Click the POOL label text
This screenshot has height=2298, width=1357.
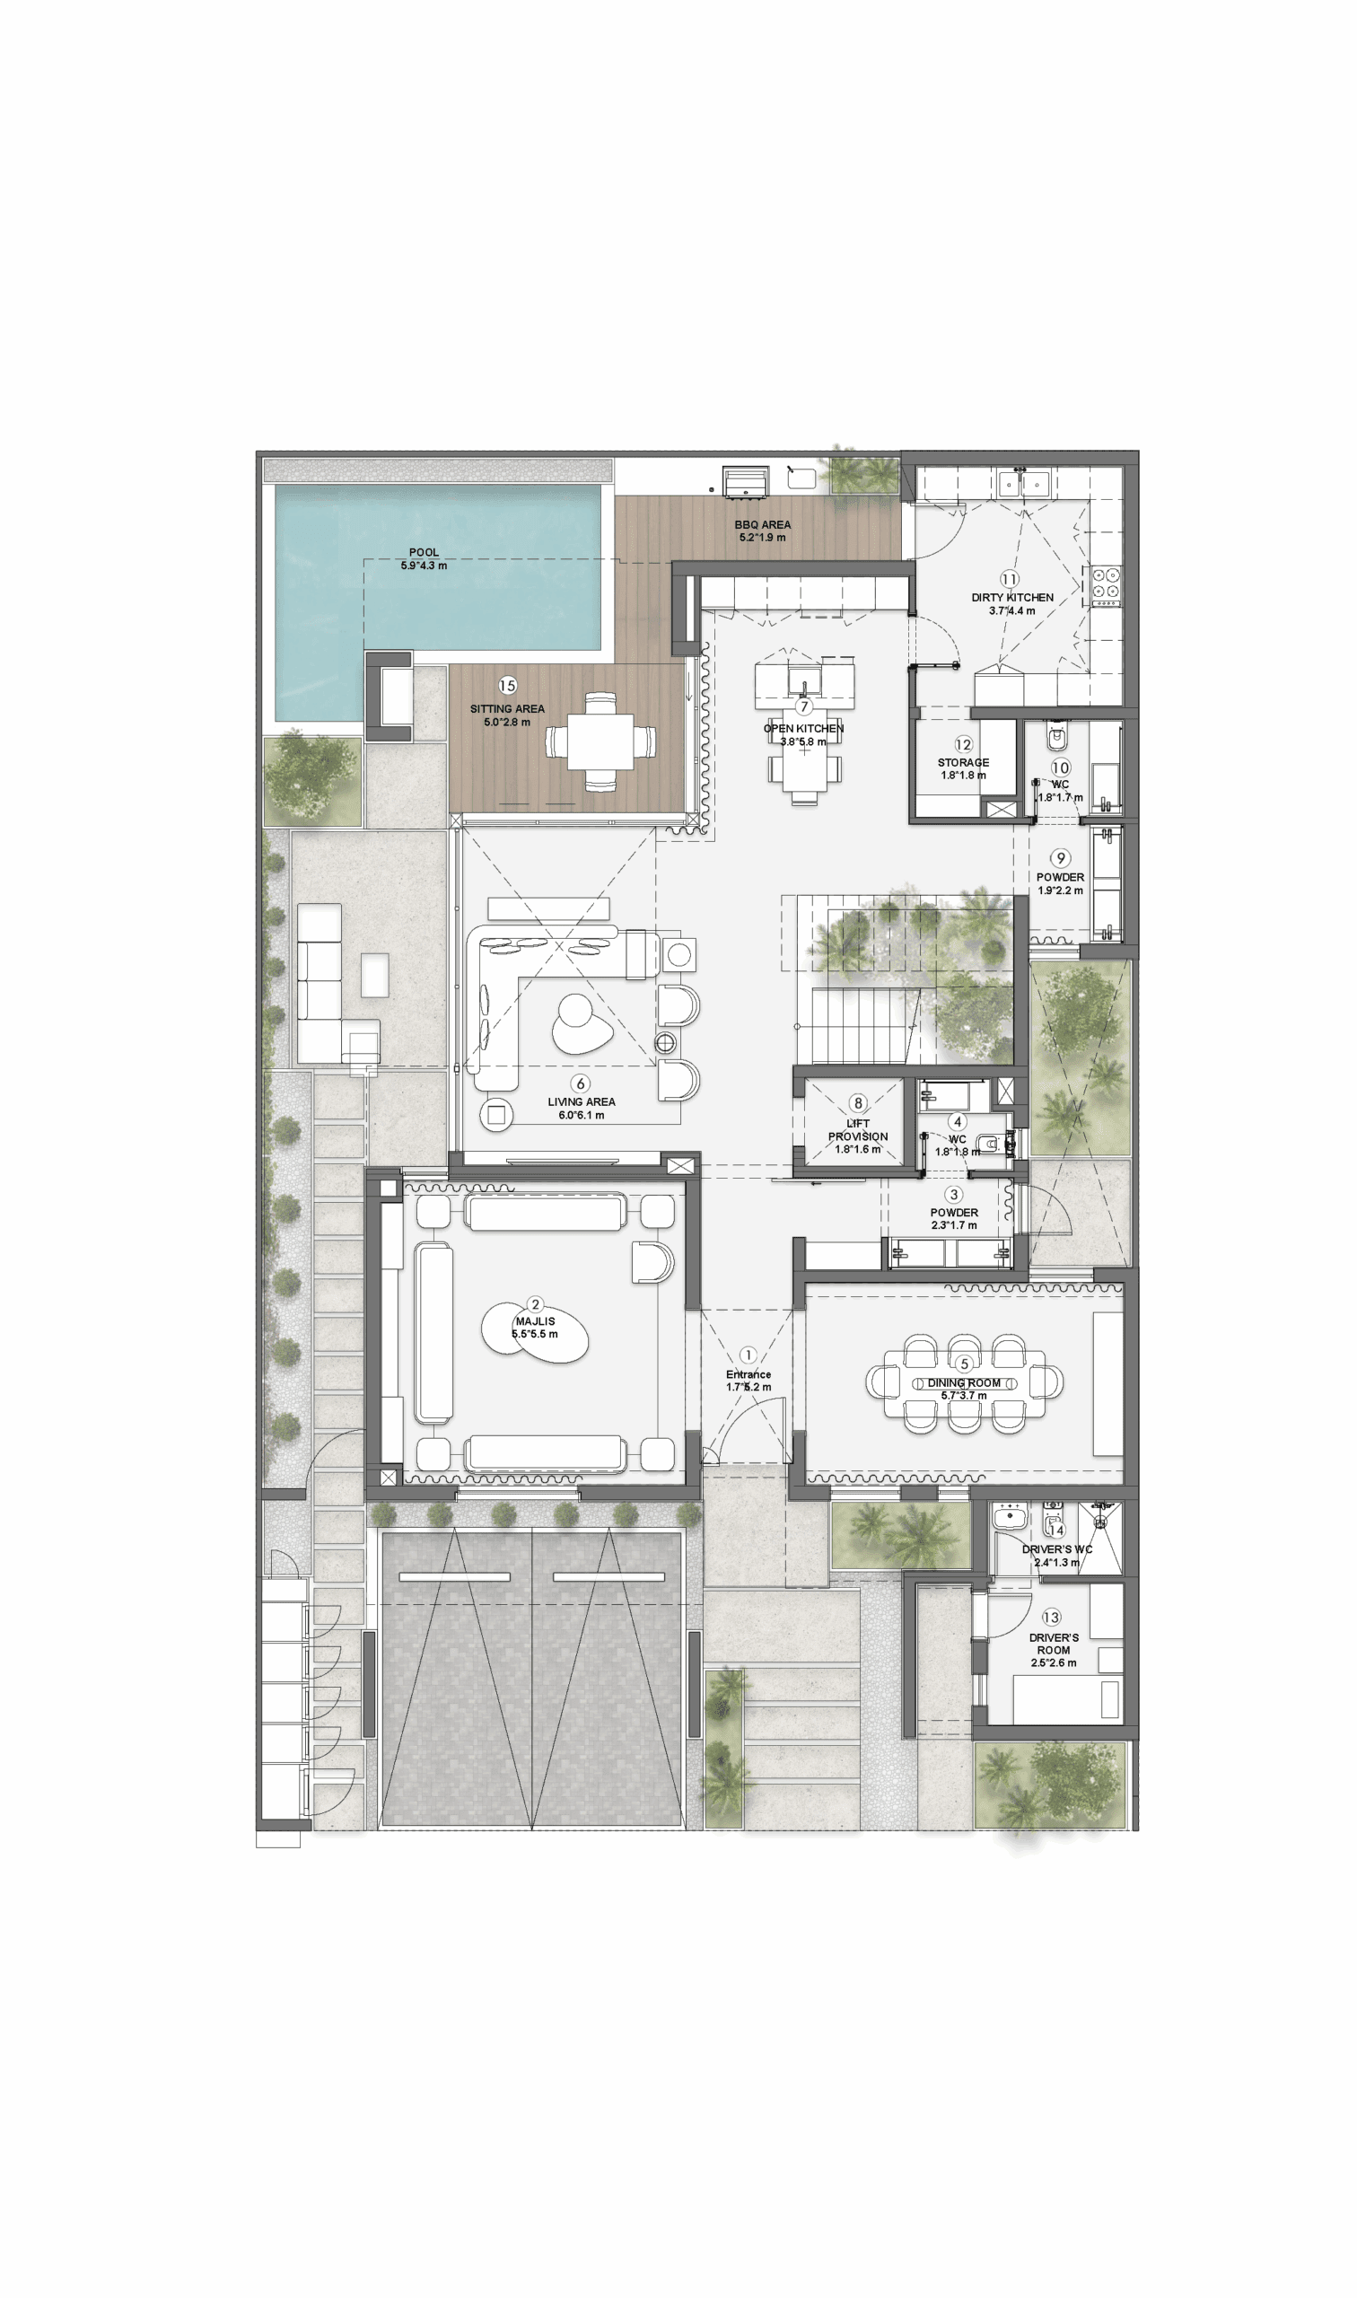tap(424, 552)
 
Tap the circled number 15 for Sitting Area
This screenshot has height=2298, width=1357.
tap(507, 686)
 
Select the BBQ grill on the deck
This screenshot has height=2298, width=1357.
tap(747, 482)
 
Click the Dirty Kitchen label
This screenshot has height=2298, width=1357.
tap(1012, 597)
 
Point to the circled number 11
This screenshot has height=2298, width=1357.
tap(1010, 579)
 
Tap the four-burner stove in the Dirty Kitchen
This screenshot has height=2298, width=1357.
tap(1107, 585)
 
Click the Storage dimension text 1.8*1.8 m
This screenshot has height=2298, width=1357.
tap(964, 776)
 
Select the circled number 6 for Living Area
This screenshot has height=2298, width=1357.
tap(580, 1083)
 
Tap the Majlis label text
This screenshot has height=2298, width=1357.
tap(535, 1321)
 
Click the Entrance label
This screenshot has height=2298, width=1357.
tap(748, 1374)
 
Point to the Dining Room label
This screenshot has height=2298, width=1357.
tap(964, 1382)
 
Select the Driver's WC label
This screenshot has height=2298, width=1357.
tap(1057, 1549)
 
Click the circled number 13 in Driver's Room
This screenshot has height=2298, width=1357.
tap(1052, 1618)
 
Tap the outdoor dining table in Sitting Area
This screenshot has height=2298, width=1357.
tap(600, 741)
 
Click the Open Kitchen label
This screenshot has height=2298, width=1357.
tap(804, 729)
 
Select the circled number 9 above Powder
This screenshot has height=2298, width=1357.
tap(1061, 858)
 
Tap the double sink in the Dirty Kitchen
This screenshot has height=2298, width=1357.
tap(1022, 482)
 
